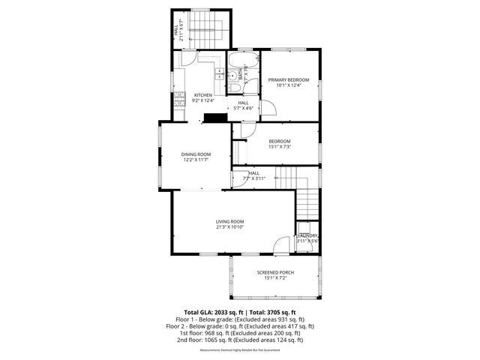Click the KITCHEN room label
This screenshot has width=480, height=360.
click(x=202, y=95)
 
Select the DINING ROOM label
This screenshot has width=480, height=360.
click(x=194, y=154)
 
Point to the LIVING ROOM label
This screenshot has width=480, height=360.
click(x=229, y=221)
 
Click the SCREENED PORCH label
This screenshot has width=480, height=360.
click(x=275, y=272)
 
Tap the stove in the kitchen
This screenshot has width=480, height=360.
click(x=179, y=97)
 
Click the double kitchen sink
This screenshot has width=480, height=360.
click(x=218, y=73)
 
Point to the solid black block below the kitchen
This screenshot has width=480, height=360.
click(x=218, y=117)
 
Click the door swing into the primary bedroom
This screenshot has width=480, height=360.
click(x=268, y=107)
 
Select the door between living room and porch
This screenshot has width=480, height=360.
click(x=280, y=245)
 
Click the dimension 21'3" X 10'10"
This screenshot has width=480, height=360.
click(x=229, y=227)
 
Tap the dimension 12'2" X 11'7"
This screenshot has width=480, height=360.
click(x=194, y=160)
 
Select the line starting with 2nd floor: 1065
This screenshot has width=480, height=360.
click(x=239, y=340)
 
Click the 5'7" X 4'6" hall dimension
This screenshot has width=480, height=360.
click(x=244, y=108)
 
